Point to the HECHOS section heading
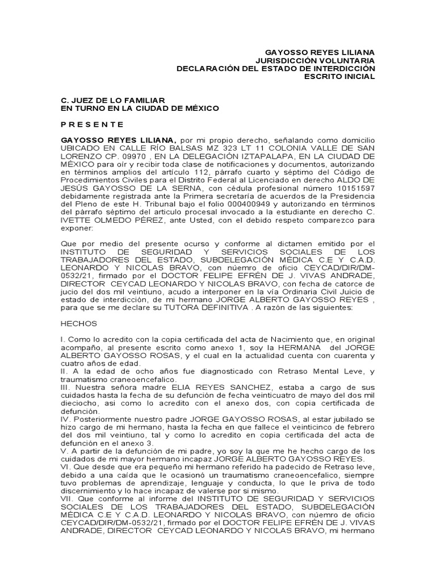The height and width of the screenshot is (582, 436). point(79,323)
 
